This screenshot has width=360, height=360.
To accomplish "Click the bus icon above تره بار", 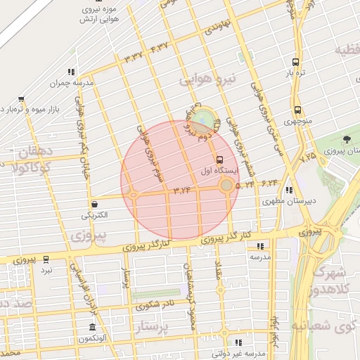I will click(x=297, y=62).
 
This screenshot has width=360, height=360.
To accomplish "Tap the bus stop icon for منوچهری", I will click(x=298, y=110).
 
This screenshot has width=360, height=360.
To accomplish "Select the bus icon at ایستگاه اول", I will click(x=220, y=160).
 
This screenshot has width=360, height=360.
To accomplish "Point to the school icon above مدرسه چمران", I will click(x=70, y=71).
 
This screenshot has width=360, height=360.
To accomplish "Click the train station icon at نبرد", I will click(x=46, y=259).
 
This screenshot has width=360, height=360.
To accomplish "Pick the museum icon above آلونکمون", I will click(x=93, y=328).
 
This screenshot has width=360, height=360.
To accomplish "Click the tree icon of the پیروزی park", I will click(x=347, y=139).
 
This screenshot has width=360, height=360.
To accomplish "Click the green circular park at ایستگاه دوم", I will click(x=202, y=119).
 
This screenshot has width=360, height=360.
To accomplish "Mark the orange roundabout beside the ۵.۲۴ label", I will click(x=226, y=186).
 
